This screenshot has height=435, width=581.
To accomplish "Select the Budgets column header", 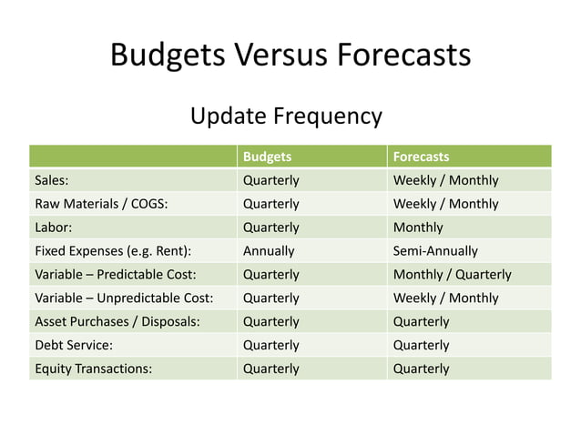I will click(267, 157).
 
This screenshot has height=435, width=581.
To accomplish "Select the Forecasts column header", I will click(421, 157).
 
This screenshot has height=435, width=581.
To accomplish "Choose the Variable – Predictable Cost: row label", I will click(116, 274).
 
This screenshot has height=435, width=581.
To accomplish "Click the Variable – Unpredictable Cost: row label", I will click(123, 298).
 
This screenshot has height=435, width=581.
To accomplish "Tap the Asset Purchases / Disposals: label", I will click(117, 321).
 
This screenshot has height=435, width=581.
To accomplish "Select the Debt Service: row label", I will click(72, 345).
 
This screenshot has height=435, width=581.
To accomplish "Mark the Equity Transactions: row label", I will click(93, 369).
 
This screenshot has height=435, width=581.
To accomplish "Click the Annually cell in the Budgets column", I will click(269, 251).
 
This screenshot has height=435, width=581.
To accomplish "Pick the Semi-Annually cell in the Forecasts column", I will click(435, 251).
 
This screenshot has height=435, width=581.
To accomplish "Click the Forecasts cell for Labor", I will click(418, 228).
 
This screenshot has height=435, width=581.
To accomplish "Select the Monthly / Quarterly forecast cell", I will click(452, 274).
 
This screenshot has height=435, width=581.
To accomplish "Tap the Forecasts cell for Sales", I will click(445, 180).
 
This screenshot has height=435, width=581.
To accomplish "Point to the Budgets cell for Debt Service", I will click(270, 345).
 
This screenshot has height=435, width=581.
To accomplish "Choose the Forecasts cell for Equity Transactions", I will click(421, 369).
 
